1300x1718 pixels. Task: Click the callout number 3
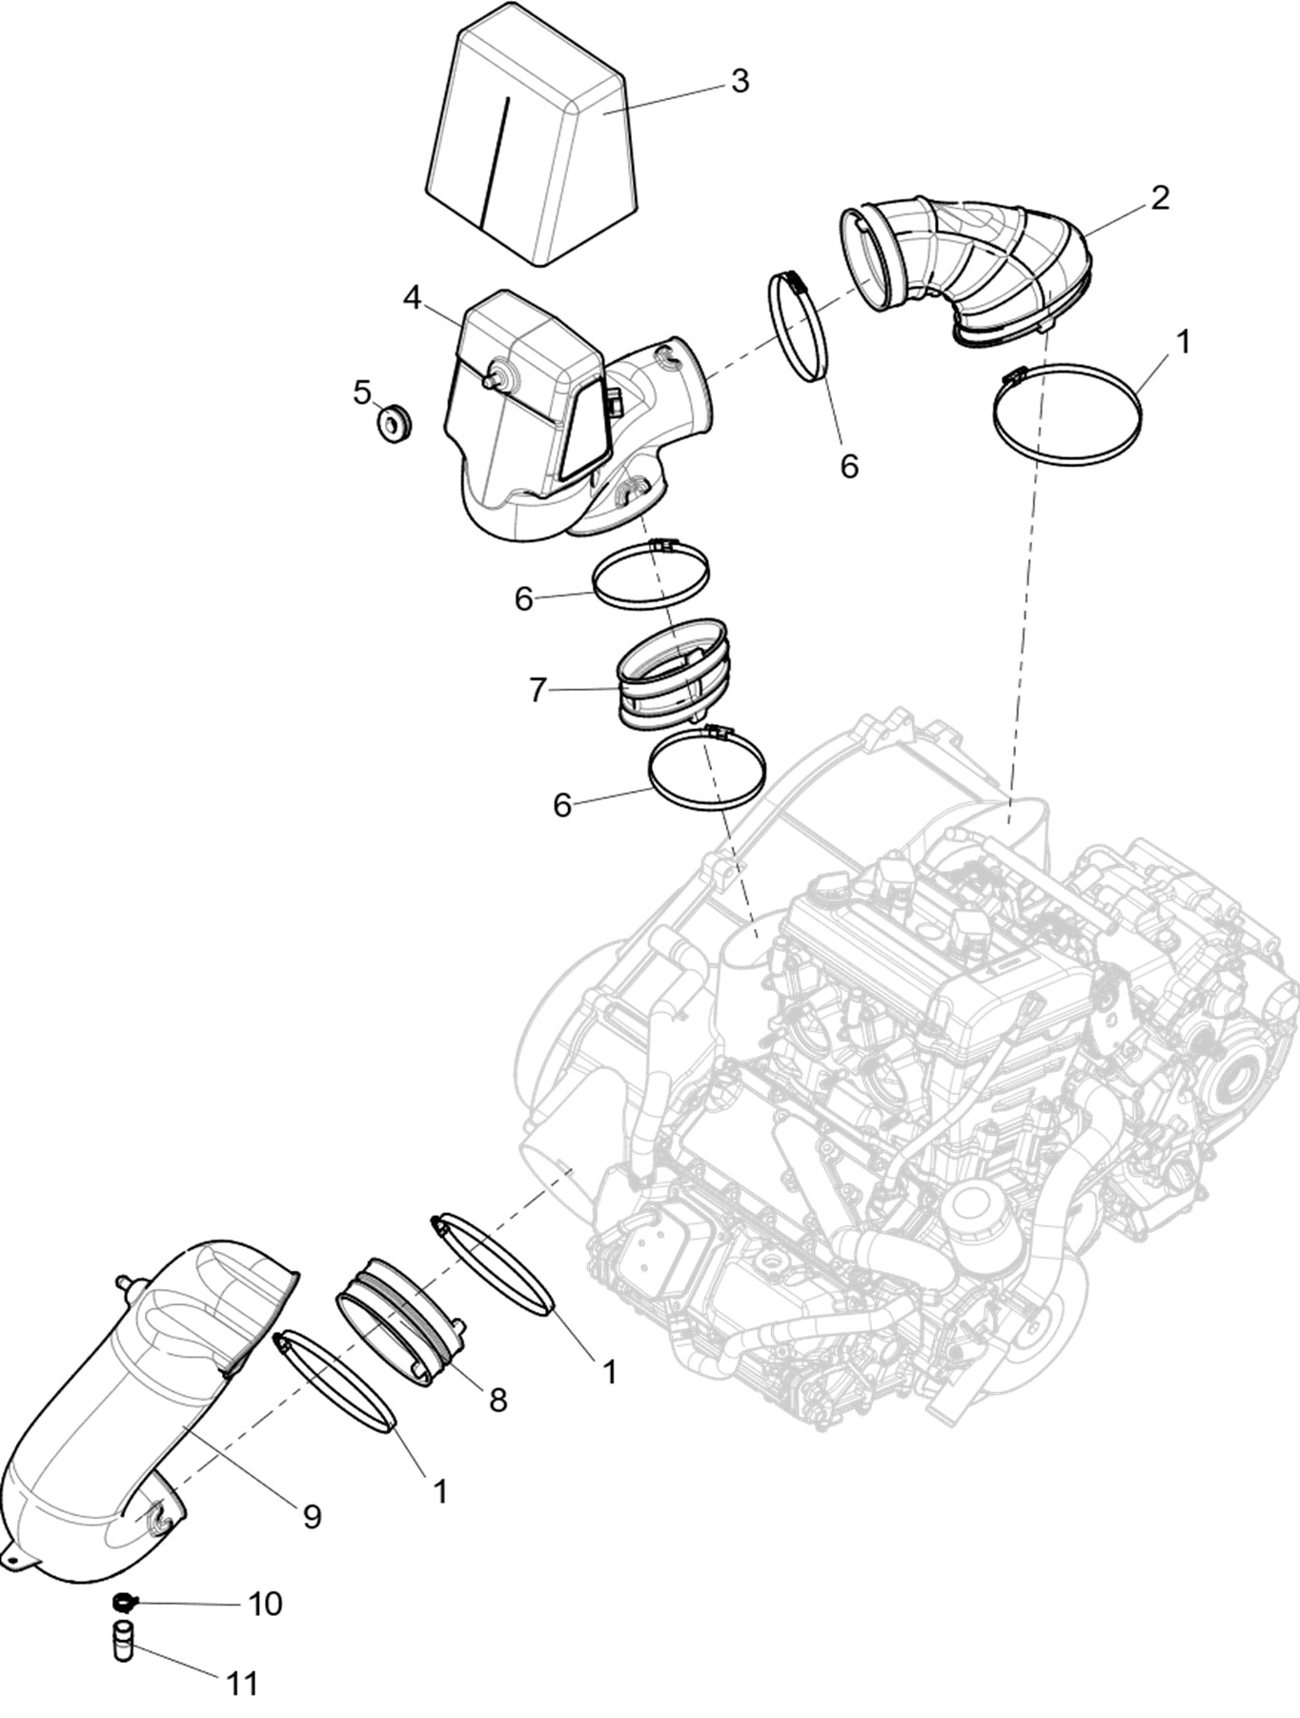tap(739, 81)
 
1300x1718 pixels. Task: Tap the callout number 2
tap(1159, 198)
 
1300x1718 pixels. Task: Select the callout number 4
tap(412, 297)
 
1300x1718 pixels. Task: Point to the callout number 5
tap(362, 392)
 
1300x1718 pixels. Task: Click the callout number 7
tap(538, 689)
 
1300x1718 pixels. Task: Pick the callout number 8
tap(497, 1399)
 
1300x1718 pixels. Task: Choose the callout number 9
tap(312, 1516)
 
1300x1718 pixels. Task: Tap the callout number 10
tap(265, 1604)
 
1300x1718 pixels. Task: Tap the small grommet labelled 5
tap(394, 422)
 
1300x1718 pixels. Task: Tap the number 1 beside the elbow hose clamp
tap(1183, 341)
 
